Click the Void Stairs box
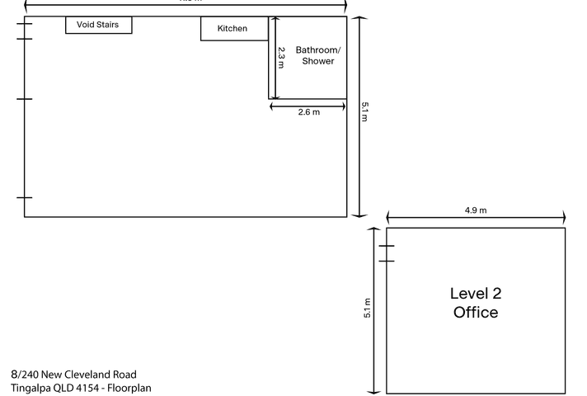pyautogui.click(x=98, y=25)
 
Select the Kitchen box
pyautogui.click(x=234, y=29)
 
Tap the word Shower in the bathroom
pyautogui.click(x=318, y=61)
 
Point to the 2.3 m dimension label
pyautogui.click(x=281, y=57)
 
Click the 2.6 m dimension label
pyautogui.click(x=308, y=112)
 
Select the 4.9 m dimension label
pyautogui.click(x=476, y=210)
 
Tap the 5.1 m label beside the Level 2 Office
pyautogui.click(x=368, y=308)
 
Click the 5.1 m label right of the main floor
pyautogui.click(x=364, y=111)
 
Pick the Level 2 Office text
pyautogui.click(x=476, y=303)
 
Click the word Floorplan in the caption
pyautogui.click(x=128, y=388)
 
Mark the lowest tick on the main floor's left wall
pyautogui.click(x=25, y=198)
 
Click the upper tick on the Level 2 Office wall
pyautogui.click(x=386, y=246)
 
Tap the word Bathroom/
pyautogui.click(x=317, y=50)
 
